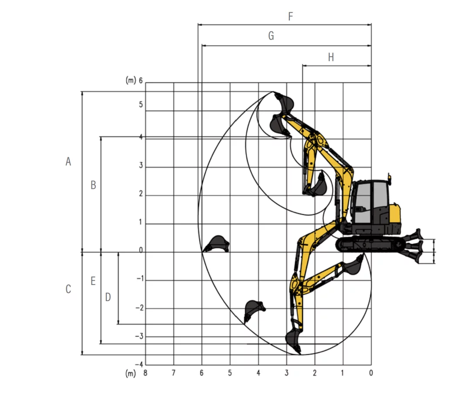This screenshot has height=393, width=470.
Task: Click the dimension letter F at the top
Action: pyautogui.click(x=290, y=16)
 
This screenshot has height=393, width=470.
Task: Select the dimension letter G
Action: pyautogui.click(x=271, y=36)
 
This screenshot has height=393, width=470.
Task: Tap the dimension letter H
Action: pyautogui.click(x=331, y=57)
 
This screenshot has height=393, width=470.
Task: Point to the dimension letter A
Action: pyautogui.click(x=68, y=161)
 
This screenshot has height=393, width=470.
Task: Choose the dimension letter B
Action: pyautogui.click(x=93, y=185)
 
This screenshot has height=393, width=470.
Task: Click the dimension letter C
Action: pyautogui.click(x=68, y=289)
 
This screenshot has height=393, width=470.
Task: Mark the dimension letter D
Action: pyautogui.click(x=108, y=297)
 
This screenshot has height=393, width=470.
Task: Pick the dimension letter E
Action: pyautogui.click(x=93, y=281)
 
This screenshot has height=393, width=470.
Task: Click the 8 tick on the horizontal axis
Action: pyautogui.click(x=145, y=373)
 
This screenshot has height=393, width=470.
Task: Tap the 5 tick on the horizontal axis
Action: pyautogui.click(x=230, y=373)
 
